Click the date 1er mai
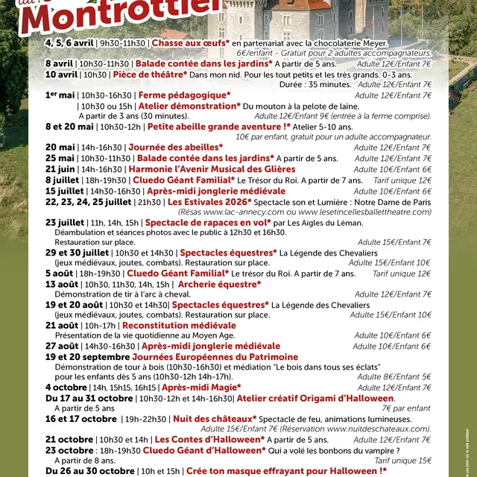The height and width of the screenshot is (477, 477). click(60, 95)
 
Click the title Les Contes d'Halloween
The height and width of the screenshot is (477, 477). click(209, 440)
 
